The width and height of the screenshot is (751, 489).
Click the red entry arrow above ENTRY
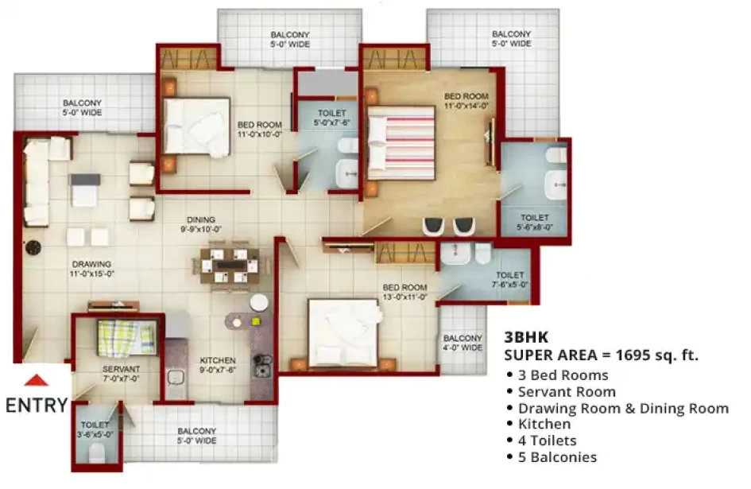37,380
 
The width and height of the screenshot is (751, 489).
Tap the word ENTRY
37,406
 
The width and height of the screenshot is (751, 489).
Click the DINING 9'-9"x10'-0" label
201,224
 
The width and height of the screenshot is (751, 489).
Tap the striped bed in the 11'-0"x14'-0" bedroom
401,143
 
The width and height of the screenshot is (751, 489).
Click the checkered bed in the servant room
127,337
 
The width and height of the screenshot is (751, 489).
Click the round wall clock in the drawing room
33,248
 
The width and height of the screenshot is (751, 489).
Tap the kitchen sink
176,378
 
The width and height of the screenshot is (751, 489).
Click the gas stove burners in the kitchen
263,366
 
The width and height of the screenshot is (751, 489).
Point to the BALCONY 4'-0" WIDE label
463,343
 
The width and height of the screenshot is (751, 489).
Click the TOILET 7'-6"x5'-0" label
510,280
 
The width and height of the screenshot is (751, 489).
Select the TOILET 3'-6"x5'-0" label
95,429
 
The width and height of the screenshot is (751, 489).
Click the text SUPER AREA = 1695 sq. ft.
601,355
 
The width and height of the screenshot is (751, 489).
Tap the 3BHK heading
526,337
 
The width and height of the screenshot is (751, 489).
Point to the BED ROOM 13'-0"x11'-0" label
405,292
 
